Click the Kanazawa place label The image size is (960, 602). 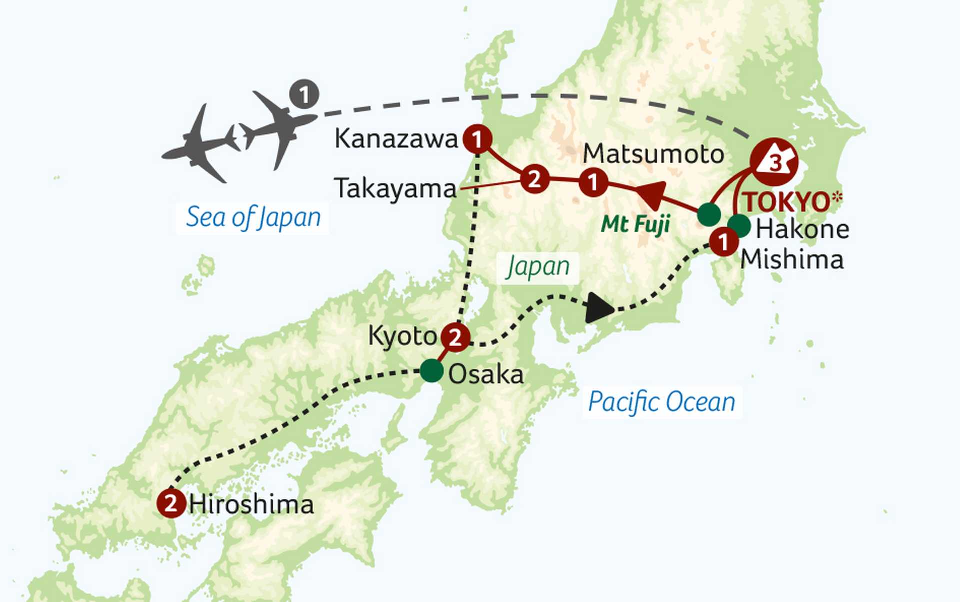pos(396,138)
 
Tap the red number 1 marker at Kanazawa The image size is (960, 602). pos(477,139)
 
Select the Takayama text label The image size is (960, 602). pos(395,189)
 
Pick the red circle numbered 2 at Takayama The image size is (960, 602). pos(534,179)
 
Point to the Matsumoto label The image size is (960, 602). pos(653,153)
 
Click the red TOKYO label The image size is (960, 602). pos(786,202)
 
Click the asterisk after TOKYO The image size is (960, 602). pos(837,197)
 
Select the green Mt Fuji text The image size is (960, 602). pos(635,224)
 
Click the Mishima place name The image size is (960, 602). pos(792,259)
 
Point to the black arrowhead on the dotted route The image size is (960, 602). pos(598,308)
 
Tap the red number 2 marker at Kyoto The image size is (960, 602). pos(455,338)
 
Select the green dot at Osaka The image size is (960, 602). pos(432,371)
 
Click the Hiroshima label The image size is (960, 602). pos(251,504)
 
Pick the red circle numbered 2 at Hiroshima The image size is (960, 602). pos(171,503)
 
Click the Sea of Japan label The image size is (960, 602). pos(253,218)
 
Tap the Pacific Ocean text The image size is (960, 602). pos(662,402)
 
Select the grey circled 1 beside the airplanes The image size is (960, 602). pos(304,94)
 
